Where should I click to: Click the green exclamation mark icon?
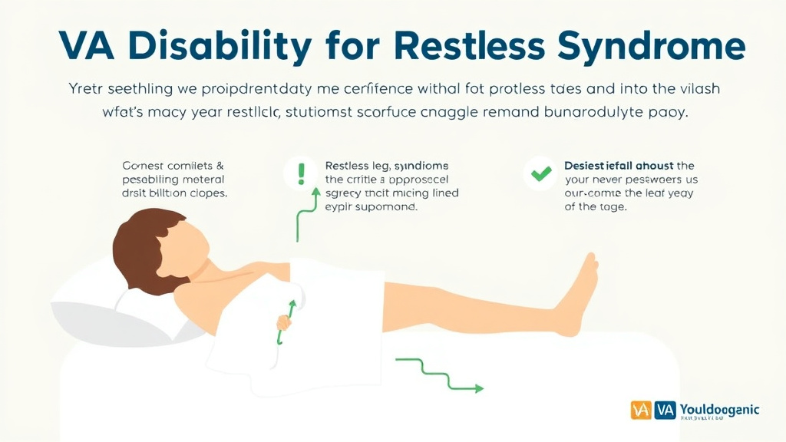(x=301, y=173)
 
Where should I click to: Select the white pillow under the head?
(x=146, y=311)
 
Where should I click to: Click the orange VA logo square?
(x=641, y=411)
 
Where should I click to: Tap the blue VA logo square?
(x=665, y=411)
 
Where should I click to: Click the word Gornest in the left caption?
(x=142, y=166)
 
